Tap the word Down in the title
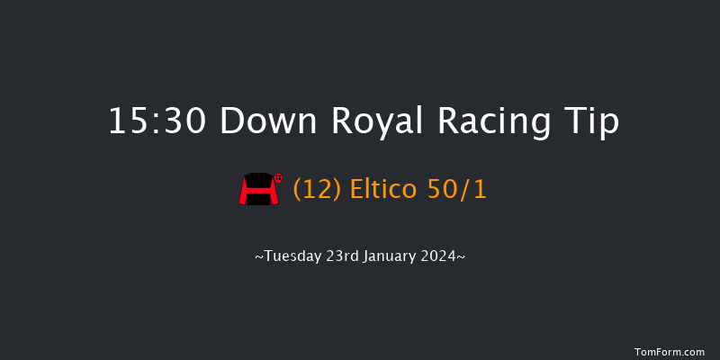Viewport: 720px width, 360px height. pyautogui.click(x=266, y=121)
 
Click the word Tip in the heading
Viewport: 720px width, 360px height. pyautogui.click(x=591, y=121)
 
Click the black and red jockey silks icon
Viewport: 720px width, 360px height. pyautogui.click(x=256, y=190)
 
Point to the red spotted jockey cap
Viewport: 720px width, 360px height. pyautogui.click(x=279, y=178)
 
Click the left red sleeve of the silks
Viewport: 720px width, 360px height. pyautogui.click(x=244, y=192)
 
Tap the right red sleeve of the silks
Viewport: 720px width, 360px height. pyautogui.click(x=270, y=192)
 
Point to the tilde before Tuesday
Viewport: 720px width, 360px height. pyautogui.click(x=258, y=257)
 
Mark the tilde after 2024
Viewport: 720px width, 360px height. pyautogui.click(x=461, y=257)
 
